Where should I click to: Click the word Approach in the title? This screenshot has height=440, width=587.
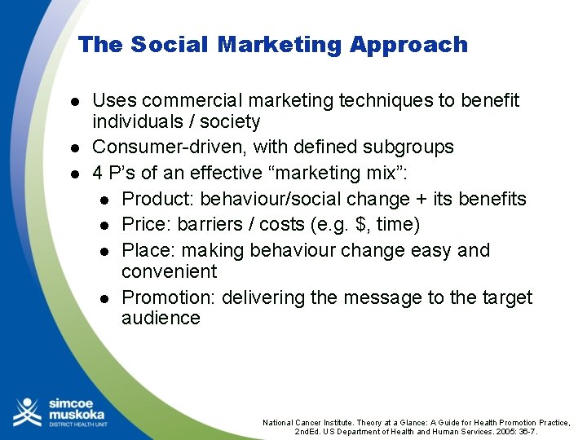click(409, 46)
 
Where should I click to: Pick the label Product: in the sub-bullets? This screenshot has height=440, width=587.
click(157, 200)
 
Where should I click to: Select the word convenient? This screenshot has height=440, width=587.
click(169, 271)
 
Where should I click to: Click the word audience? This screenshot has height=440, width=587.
click(161, 319)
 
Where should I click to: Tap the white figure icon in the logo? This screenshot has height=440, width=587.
click(26, 411)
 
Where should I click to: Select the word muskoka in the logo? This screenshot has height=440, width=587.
click(76, 414)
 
